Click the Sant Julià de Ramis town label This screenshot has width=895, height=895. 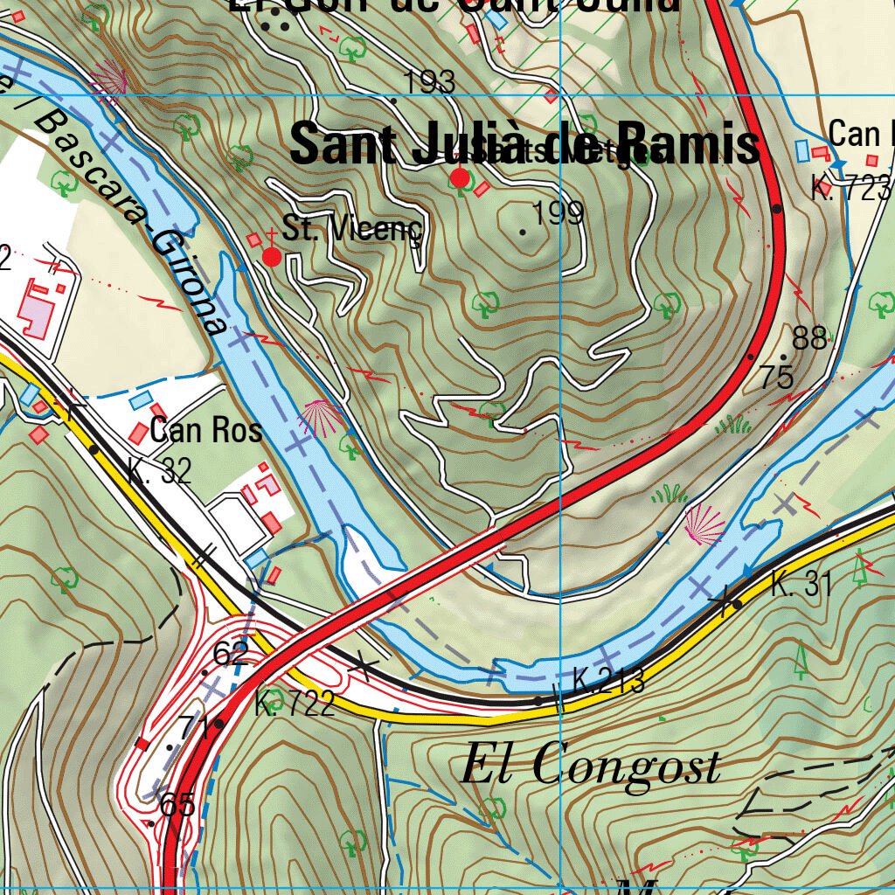pos(524,144)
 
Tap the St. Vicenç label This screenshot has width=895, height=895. pos(352,229)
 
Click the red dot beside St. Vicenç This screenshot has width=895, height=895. pos(272,257)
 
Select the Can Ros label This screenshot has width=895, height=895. pos(206,430)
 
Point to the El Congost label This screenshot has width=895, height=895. pos(591,767)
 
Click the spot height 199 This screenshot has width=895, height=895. pos(558,213)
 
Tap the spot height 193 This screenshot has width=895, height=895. pos(430,83)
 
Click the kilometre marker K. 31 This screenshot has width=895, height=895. pos(801,585)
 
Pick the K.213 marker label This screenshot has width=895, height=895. pos(608,680)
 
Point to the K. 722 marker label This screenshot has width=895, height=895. pos(295,704)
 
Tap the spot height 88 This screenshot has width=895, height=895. pos(810,338)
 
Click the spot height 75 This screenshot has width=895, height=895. pos(777,378)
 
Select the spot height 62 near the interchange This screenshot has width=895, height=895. pos(230,653)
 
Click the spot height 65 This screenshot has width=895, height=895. pos(178,805)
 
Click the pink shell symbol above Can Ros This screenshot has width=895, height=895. pos(321,419)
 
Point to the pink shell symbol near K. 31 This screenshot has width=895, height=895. pos(704,524)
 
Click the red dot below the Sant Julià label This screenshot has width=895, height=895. pos(460,179)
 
